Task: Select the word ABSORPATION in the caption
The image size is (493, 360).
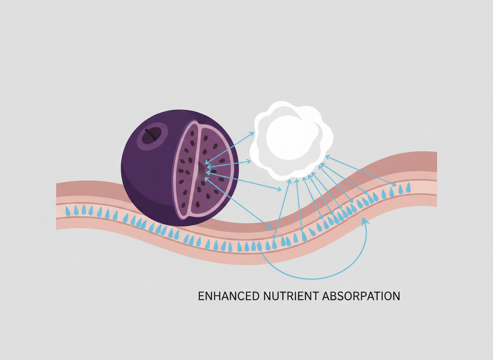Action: point(362,296)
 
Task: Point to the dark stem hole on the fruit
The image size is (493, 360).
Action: point(153,134)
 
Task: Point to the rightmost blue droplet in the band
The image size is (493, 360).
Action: point(408,187)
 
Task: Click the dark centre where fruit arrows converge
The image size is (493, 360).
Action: point(203,169)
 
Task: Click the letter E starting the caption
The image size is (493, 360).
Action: point(201,296)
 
